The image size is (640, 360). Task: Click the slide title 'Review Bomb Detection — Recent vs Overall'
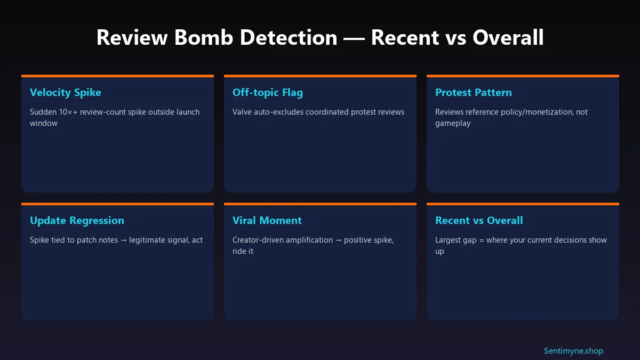click(320, 38)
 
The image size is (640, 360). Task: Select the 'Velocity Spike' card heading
click(66, 92)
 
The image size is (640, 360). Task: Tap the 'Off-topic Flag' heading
click(268, 92)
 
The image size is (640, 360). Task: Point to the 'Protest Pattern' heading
click(474, 92)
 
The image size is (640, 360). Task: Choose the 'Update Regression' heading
click(77, 220)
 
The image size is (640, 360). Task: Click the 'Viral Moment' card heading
click(267, 220)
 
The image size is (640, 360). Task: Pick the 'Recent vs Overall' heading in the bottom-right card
click(479, 220)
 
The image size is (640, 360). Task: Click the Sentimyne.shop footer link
click(573, 351)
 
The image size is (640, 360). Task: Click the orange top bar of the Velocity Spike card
click(117, 76)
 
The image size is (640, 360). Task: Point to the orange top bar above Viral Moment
click(320, 204)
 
